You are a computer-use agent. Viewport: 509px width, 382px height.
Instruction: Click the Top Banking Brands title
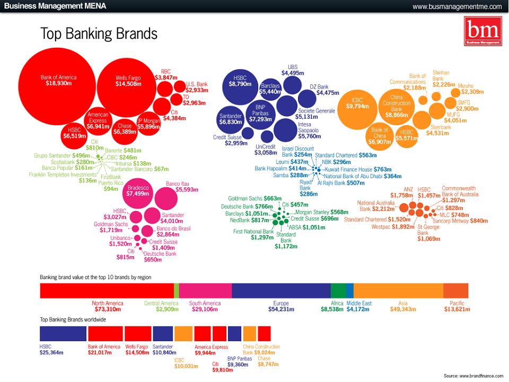99,34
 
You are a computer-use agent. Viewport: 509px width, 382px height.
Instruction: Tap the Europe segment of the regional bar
281,291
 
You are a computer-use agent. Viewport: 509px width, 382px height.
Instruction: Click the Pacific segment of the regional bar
455,291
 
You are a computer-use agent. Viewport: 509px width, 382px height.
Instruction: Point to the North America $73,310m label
108,306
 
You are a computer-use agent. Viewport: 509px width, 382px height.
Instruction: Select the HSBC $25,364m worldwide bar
63,334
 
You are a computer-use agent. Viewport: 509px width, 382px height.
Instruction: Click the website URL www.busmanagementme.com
457,6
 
